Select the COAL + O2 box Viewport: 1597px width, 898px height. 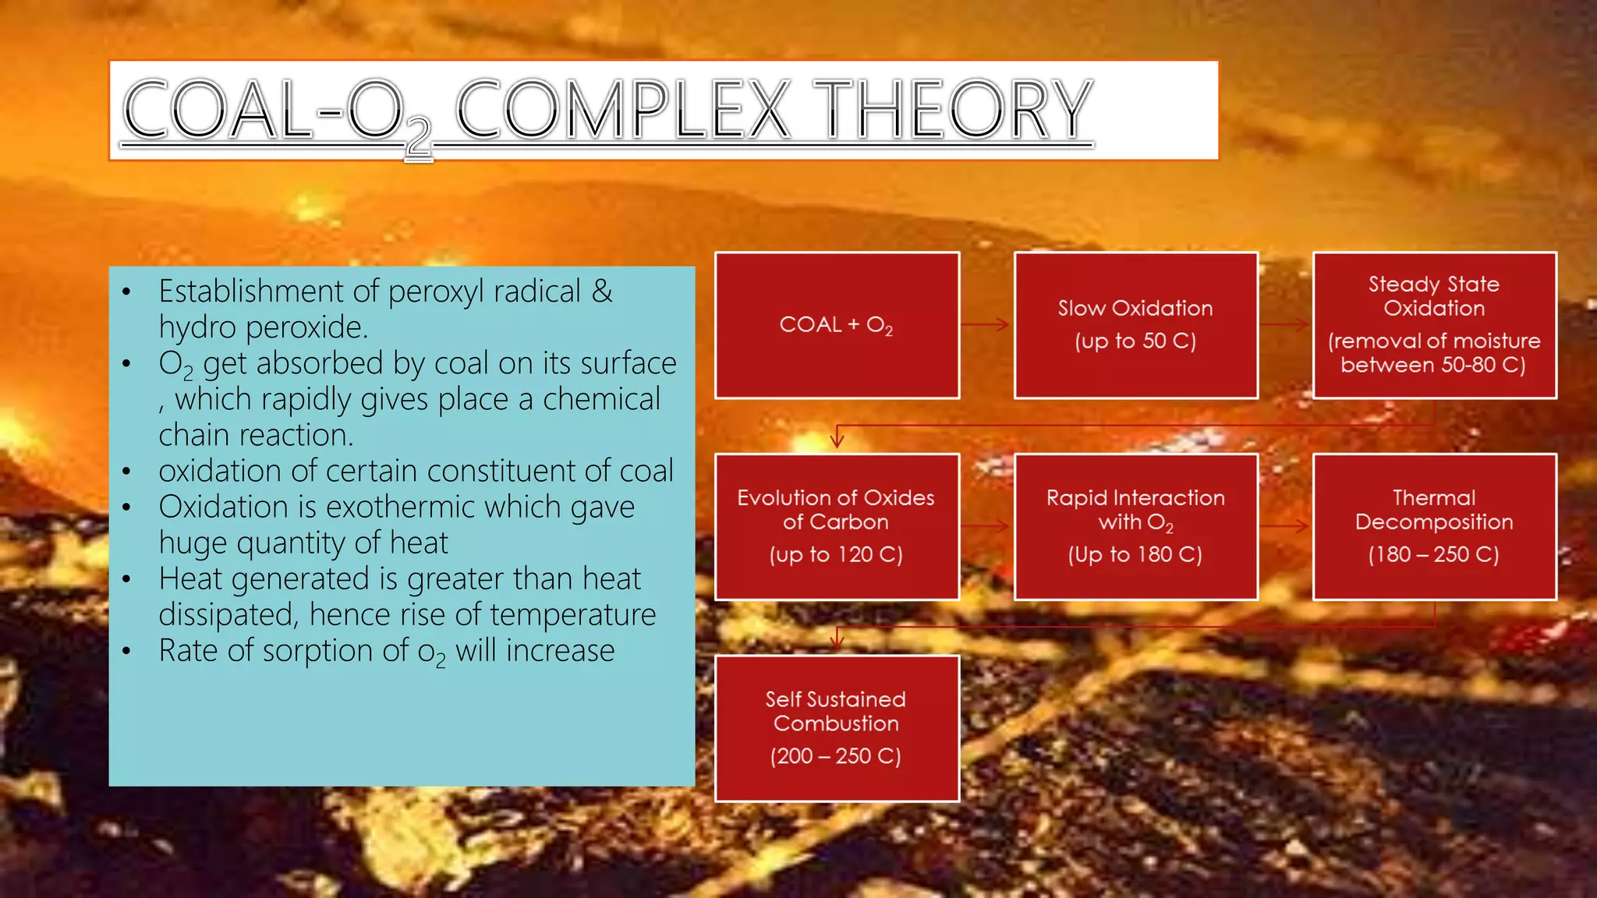[837, 325]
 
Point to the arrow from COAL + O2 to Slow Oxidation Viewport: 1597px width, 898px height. [986, 324]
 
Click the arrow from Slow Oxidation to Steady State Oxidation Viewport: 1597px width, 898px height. [1285, 324]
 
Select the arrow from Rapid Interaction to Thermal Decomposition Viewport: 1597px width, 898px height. [1285, 527]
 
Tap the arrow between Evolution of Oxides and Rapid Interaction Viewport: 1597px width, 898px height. [986, 527]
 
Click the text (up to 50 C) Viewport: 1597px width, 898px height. [1135, 341]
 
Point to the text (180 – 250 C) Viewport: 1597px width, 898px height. [1434, 554]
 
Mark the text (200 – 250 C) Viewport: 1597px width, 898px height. [836, 756]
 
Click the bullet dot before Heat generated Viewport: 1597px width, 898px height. [126, 580]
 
